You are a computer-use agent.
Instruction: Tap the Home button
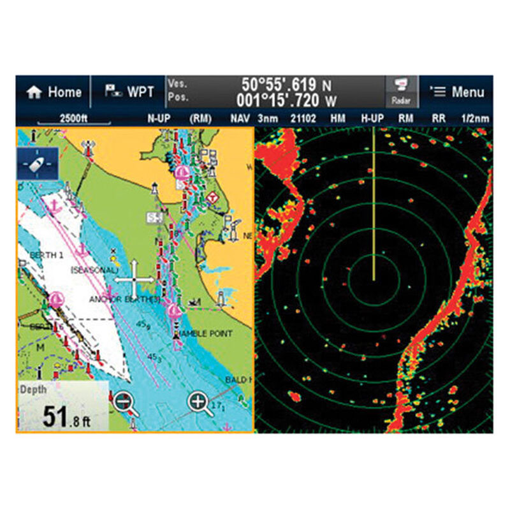click(54, 92)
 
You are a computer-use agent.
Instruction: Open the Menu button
click(457, 92)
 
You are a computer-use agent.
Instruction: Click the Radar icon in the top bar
click(401, 92)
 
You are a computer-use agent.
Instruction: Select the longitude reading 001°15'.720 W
click(284, 99)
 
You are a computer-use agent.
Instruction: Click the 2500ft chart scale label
click(74, 118)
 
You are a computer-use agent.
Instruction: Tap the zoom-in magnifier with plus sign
click(199, 403)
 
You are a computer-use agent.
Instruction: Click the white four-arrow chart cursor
click(134, 279)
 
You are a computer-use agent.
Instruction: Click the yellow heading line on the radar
click(374, 204)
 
